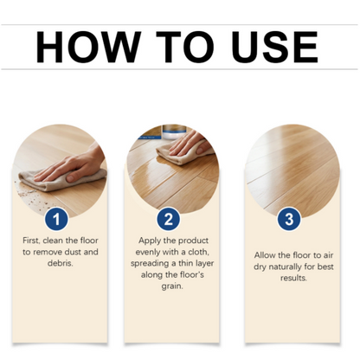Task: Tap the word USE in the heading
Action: pos(274,47)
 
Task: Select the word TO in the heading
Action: pos(185,47)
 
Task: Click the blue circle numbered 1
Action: pos(56,219)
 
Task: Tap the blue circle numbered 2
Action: pos(169,219)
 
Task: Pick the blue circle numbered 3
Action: pos(289,219)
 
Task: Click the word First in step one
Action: pos(31,241)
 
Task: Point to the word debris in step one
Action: pos(61,263)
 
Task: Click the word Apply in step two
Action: pos(150,241)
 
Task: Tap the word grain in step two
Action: pos(172,286)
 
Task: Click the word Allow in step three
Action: pos(265,255)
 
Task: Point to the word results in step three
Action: pos(293,278)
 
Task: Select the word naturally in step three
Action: pos(285,267)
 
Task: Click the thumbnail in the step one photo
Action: pos(71,178)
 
